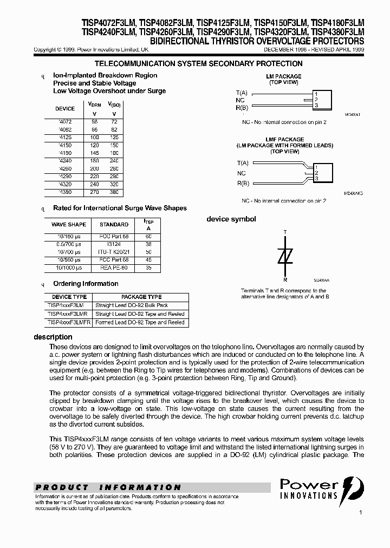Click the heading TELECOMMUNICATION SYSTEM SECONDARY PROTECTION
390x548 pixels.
(198, 64)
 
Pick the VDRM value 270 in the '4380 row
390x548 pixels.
(94, 192)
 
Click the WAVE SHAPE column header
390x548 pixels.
(68, 224)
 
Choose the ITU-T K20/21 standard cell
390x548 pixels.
(114, 252)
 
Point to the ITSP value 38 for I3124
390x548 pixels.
(148, 244)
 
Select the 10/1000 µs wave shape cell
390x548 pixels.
(68, 268)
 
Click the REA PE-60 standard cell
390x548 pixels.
(114, 268)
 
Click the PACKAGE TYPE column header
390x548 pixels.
(141, 297)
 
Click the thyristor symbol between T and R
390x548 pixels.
(285, 256)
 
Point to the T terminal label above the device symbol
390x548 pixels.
(285, 232)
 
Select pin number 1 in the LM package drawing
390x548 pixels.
(316, 93)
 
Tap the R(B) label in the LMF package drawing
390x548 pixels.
(243, 183)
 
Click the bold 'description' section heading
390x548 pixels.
(53, 337)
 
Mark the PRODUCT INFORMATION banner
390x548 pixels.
(108, 487)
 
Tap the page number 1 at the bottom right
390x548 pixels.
(360, 511)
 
